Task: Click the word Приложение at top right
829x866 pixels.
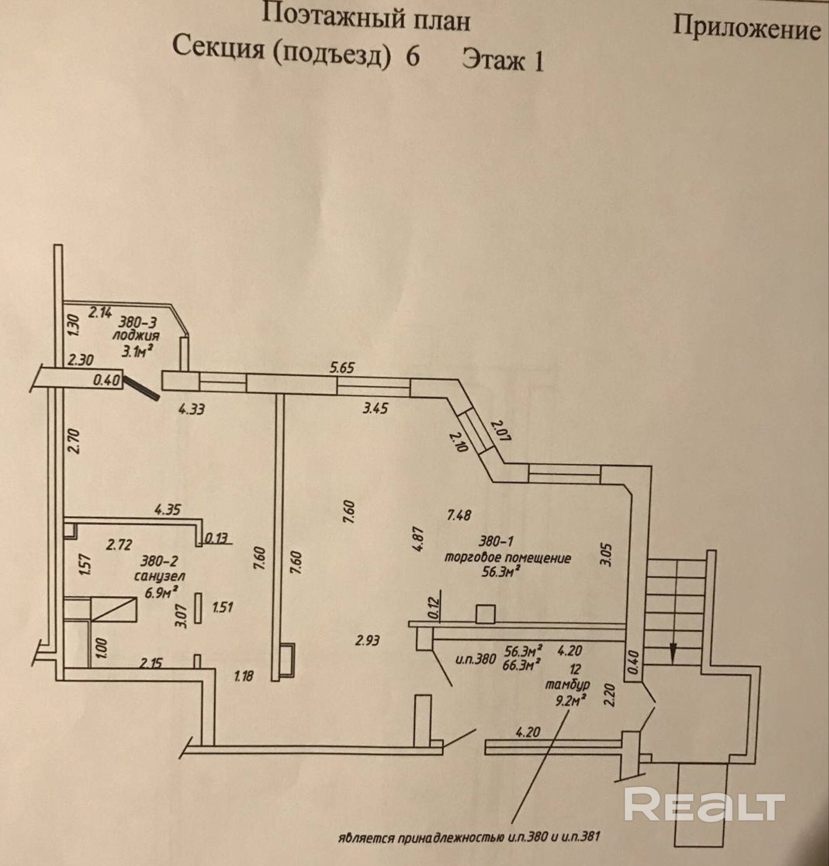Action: coord(747,30)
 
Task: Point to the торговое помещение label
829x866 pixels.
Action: coord(507,558)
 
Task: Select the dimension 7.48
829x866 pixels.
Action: coord(459,515)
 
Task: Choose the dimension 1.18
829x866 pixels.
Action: coord(243,675)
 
